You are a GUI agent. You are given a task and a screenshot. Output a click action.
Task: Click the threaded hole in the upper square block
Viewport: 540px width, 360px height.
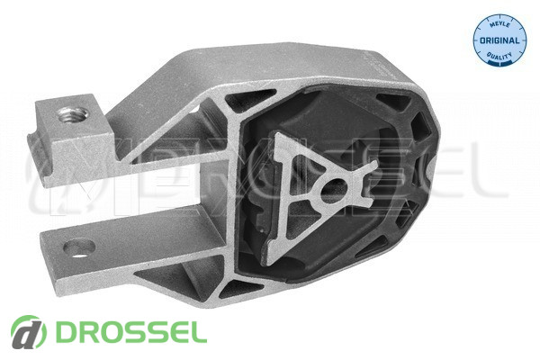(73, 114)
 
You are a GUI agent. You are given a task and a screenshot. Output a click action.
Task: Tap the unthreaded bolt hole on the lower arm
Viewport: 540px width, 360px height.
(79, 248)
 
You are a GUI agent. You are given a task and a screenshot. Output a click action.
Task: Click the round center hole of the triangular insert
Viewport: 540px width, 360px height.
(334, 192)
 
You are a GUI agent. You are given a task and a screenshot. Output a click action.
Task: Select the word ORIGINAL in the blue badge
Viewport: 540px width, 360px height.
(499, 40)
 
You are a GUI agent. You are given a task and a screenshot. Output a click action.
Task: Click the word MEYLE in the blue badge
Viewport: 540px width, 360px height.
(499, 25)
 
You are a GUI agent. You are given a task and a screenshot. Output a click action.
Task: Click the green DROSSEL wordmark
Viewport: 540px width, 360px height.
(130, 332)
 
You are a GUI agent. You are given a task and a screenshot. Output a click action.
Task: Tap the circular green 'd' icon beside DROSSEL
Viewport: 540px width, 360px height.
(29, 332)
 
